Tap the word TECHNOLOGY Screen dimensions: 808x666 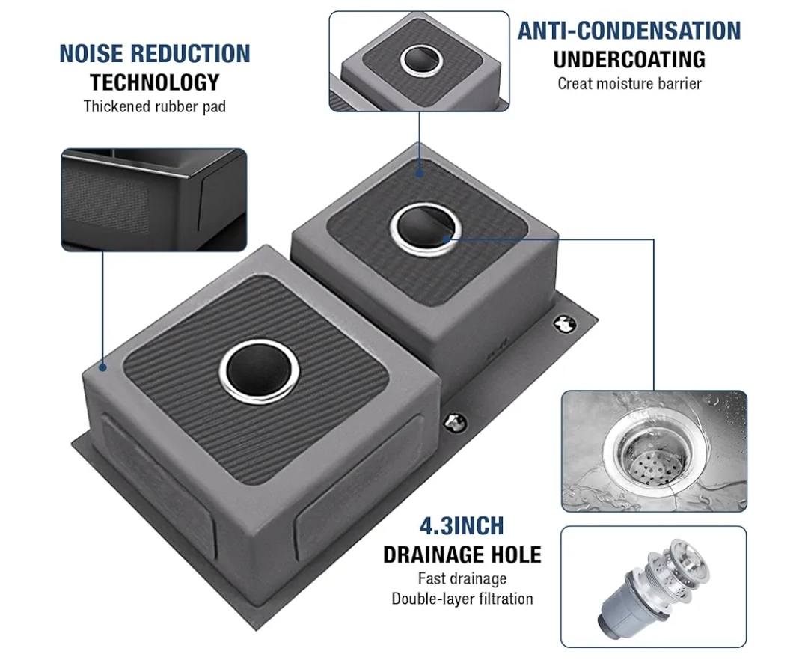pyautogui.click(x=155, y=82)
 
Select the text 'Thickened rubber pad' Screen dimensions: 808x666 pyautogui.click(x=155, y=107)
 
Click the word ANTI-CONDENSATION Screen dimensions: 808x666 pyautogui.click(x=629, y=31)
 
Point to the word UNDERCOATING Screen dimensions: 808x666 pyautogui.click(x=629, y=59)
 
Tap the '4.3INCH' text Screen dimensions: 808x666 pyautogui.click(x=462, y=526)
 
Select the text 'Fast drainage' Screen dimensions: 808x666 pyautogui.click(x=462, y=578)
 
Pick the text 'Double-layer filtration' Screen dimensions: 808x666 pyautogui.click(x=462, y=599)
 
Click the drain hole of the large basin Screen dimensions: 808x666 pyautogui.click(x=259, y=370)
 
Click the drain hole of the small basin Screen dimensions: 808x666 pyautogui.click(x=426, y=229)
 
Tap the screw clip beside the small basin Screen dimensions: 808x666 pyautogui.click(x=564, y=324)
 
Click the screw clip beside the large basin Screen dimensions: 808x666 pyautogui.click(x=455, y=423)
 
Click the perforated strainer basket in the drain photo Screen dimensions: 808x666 pyautogui.click(x=653, y=462)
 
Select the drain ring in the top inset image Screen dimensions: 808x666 pyautogui.click(x=421, y=60)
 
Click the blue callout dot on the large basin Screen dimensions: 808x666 pyautogui.click(x=103, y=367)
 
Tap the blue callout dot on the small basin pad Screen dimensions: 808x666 pyautogui.click(x=420, y=173)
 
